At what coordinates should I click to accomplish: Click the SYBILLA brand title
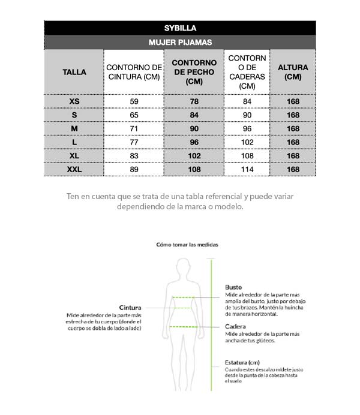[180, 28]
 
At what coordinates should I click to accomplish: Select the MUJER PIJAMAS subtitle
[180, 43]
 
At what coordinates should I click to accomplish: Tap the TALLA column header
[74, 72]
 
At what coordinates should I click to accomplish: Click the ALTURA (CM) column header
[293, 72]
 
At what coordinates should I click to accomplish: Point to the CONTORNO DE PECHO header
[194, 72]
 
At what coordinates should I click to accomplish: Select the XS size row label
[74, 101]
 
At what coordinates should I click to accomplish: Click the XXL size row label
[74, 170]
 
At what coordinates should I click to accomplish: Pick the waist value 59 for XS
[134, 101]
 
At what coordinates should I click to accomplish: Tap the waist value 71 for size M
[134, 129]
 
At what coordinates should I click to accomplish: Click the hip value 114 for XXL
[247, 170]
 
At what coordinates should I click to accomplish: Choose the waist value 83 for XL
[134, 156]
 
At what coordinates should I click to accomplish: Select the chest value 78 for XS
[194, 101]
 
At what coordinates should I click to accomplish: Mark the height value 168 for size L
[293, 142]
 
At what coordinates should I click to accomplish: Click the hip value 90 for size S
[247, 115]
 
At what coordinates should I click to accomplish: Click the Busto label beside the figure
[233, 287]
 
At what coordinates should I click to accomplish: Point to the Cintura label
[130, 307]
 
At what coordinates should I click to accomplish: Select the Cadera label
[235, 327]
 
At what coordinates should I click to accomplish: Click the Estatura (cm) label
[242, 362]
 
